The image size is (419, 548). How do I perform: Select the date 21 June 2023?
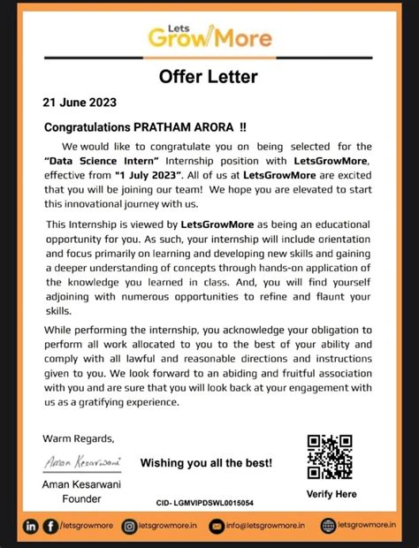point(79,103)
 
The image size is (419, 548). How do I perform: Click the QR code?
point(330,456)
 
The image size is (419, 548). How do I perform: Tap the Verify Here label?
point(331,493)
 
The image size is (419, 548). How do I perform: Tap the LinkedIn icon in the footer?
point(32,527)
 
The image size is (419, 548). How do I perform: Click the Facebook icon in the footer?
point(51,527)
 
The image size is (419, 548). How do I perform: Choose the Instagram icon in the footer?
point(129,527)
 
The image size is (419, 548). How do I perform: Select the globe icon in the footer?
point(329,527)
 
